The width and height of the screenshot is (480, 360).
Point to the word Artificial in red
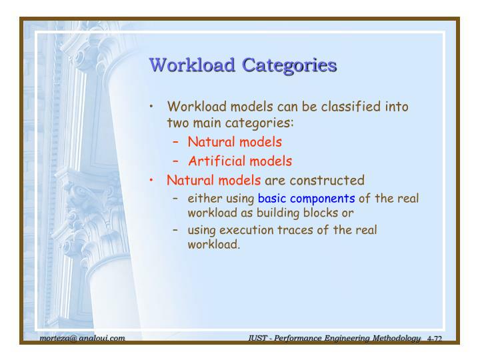coord(217,161)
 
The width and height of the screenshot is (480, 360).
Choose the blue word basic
coord(272,198)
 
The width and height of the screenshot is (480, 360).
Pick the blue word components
coord(322,198)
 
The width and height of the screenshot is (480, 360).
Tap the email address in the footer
coord(82,339)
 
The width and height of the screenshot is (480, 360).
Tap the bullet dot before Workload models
coord(153,107)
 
